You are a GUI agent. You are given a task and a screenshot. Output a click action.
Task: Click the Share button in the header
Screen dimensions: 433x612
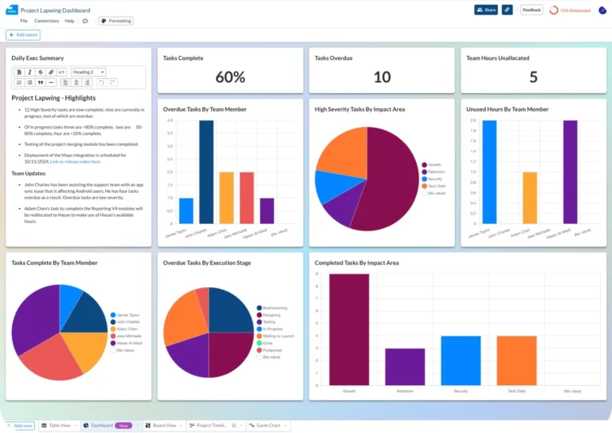485,10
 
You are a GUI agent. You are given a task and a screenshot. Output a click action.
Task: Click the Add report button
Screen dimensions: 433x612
23,35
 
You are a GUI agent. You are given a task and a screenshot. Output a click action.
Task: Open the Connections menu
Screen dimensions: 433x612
46,21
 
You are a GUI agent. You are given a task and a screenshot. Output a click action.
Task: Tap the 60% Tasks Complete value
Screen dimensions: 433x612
229,77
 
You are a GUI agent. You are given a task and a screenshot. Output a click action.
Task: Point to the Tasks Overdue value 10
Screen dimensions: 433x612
382,77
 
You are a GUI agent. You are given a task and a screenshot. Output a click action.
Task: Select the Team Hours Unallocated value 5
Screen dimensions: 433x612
533,77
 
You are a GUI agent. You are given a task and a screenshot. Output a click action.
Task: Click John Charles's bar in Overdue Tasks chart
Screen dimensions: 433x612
206,171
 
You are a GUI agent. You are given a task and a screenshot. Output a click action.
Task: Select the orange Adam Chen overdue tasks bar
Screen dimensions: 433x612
226,198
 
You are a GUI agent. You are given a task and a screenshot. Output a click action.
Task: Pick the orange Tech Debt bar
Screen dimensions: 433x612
516,360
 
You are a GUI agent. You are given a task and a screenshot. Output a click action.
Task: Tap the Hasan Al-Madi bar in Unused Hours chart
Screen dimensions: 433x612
570,171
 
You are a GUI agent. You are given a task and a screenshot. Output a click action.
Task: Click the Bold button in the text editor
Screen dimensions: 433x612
19,72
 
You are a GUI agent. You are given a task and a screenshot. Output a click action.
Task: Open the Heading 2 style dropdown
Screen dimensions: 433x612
88,72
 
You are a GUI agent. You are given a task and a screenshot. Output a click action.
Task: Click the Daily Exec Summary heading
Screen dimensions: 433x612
37,58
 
